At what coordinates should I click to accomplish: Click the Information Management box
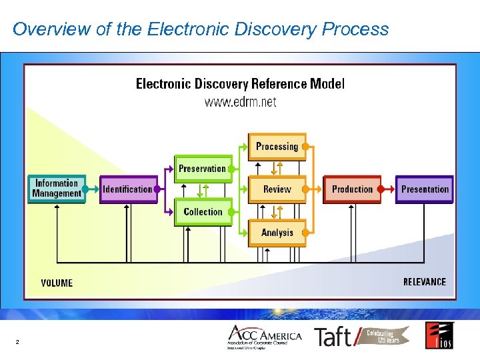(x=57, y=189)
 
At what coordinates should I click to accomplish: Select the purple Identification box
(x=128, y=189)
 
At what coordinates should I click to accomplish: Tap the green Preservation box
(x=203, y=169)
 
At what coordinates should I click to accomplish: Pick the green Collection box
(x=203, y=212)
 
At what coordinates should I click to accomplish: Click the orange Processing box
(x=277, y=147)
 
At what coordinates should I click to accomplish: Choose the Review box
(x=277, y=189)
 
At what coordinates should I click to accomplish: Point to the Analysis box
(x=277, y=233)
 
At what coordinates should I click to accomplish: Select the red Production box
(x=352, y=189)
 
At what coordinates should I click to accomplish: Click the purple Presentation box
(x=425, y=189)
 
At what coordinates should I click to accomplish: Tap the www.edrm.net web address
(x=240, y=102)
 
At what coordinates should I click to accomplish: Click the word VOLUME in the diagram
(x=57, y=283)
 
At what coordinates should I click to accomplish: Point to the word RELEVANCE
(x=425, y=282)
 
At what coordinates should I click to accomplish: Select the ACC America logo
(x=264, y=337)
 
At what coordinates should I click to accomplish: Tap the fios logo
(x=439, y=335)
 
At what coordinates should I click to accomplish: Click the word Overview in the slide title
(x=44, y=29)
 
